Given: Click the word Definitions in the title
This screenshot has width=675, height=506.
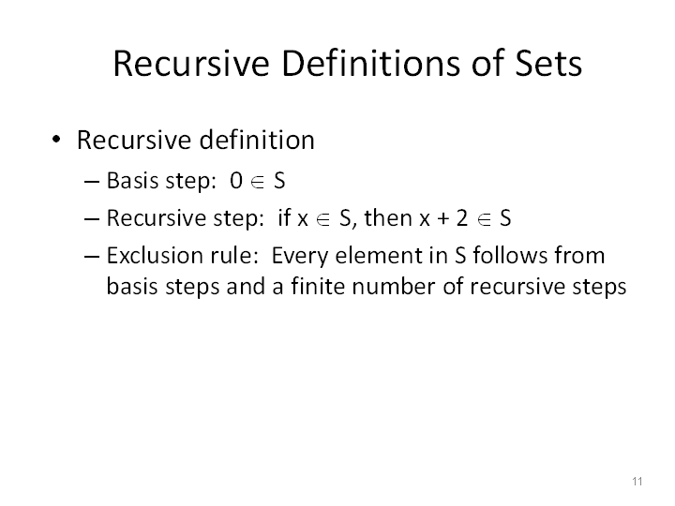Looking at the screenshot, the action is click(371, 64).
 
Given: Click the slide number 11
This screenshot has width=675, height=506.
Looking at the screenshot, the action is click(637, 481).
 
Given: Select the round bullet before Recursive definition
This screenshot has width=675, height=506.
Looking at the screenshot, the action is click(56, 140).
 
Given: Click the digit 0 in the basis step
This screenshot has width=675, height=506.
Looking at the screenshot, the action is click(236, 180).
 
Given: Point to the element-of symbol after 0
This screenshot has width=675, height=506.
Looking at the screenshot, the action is click(258, 182).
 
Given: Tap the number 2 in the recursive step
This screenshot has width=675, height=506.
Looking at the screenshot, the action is click(462, 217).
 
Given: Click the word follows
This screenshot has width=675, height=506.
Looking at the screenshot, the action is click(510, 255).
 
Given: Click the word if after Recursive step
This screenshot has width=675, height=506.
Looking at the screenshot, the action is click(285, 216).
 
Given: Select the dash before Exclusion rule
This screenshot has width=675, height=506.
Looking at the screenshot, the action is click(92, 257).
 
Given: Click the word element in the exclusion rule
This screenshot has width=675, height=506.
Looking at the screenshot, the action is click(379, 255).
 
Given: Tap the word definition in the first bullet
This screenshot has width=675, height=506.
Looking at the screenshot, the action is click(257, 140).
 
